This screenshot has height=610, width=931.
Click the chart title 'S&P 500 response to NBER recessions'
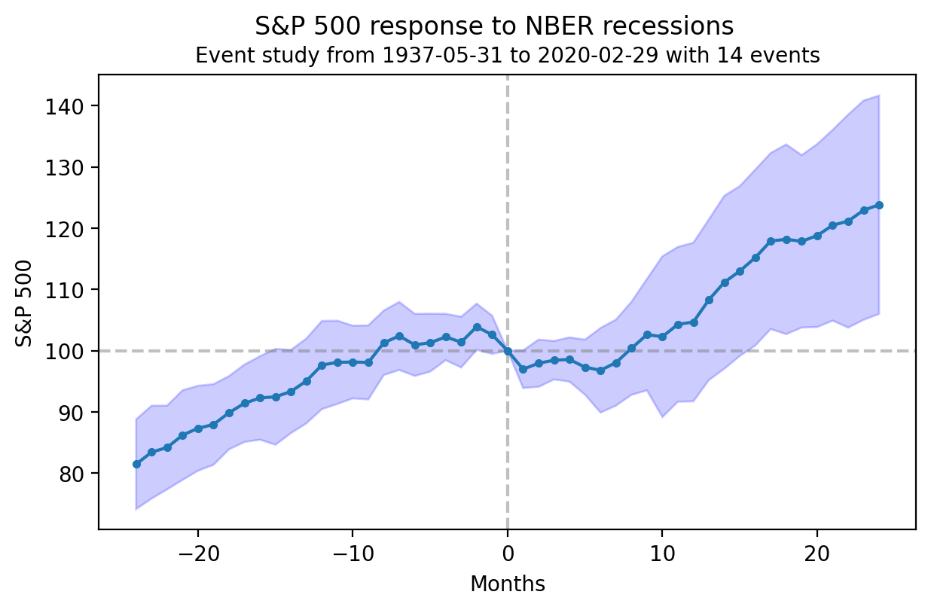(x=493, y=26)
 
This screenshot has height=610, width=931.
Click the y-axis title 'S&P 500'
(x=25, y=303)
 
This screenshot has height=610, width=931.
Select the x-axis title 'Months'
(x=507, y=584)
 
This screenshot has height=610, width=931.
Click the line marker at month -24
(x=136, y=464)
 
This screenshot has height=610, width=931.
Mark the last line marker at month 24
(x=879, y=205)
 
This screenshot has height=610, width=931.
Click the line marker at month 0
(x=508, y=351)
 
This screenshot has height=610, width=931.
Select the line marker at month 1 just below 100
(x=523, y=370)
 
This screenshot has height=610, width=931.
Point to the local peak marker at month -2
(x=477, y=327)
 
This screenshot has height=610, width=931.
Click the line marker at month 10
(x=662, y=337)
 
